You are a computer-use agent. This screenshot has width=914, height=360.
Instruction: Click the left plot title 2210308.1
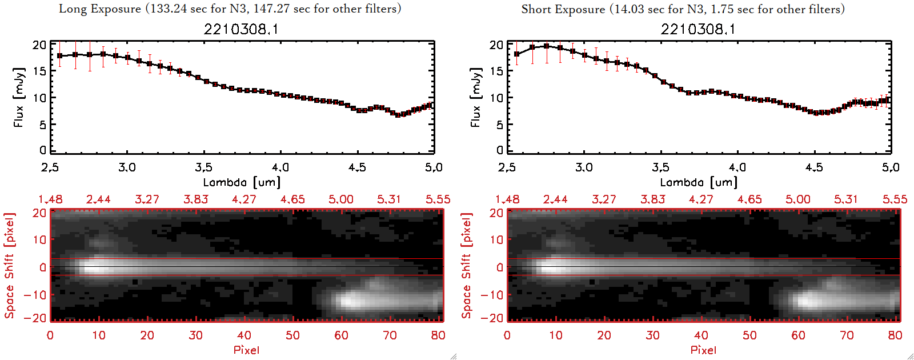coord(241,29)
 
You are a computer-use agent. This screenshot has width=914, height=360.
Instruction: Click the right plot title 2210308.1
coord(698,29)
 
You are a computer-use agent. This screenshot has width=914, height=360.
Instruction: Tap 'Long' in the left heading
coord(72,9)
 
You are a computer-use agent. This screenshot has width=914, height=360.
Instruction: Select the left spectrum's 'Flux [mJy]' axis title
coord(19,98)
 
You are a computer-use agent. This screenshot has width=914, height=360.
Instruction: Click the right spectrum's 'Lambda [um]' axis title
coord(699,182)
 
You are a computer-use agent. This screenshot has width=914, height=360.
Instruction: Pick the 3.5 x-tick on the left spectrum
coord(203,167)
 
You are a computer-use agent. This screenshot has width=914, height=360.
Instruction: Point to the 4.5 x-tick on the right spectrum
coord(814,167)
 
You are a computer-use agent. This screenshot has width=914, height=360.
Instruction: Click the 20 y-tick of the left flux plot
coord(39,45)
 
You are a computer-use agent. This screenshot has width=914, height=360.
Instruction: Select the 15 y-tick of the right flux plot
coord(496,71)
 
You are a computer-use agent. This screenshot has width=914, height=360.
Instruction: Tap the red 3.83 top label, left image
coord(195,199)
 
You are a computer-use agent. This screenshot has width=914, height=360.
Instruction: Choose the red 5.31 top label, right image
coord(846,199)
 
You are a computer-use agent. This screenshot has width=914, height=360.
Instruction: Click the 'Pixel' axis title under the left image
coord(246,350)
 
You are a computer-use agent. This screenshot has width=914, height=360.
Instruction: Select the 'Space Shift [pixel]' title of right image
coord(467,266)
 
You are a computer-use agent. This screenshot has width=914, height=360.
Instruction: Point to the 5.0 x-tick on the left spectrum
coord(434,167)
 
